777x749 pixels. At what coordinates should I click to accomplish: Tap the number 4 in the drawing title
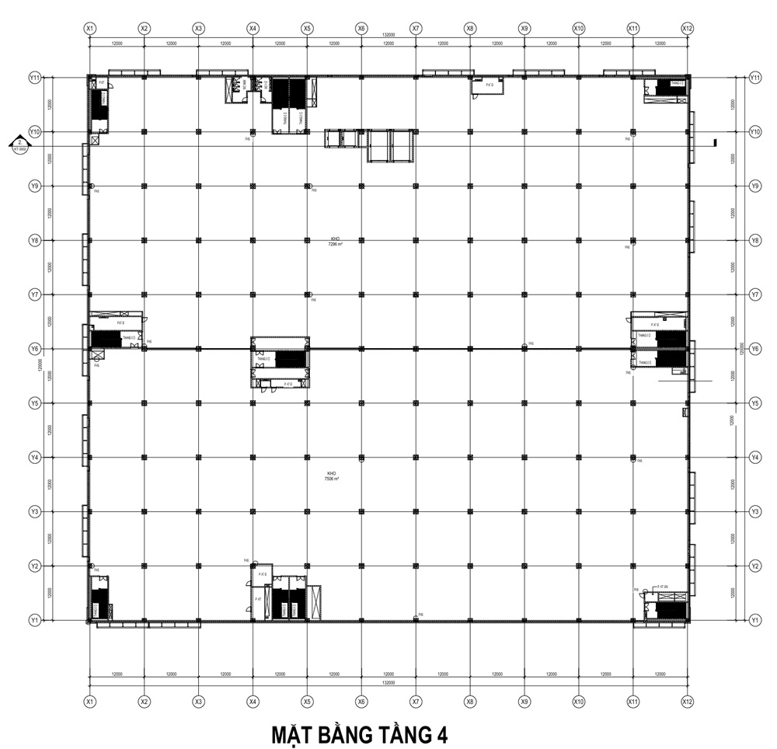point(441,734)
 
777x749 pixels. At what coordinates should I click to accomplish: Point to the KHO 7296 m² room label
point(335,241)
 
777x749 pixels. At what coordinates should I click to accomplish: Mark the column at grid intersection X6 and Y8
point(361,240)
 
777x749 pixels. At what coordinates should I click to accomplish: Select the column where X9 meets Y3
point(524,511)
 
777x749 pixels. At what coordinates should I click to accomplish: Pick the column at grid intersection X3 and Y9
point(198,186)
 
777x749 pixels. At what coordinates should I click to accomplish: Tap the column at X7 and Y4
point(416,457)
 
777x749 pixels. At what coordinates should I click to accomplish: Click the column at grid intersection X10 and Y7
point(579,294)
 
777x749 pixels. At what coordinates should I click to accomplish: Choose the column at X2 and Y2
point(144,566)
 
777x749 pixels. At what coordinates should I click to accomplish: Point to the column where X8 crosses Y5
point(470,403)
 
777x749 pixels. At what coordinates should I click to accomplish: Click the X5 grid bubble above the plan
point(307,28)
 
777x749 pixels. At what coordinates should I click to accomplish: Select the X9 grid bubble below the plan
point(524,701)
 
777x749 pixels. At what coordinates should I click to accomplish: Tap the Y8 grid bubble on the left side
point(34,240)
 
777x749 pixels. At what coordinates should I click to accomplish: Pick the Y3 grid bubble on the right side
point(754,511)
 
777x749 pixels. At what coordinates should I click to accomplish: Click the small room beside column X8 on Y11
point(487,85)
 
